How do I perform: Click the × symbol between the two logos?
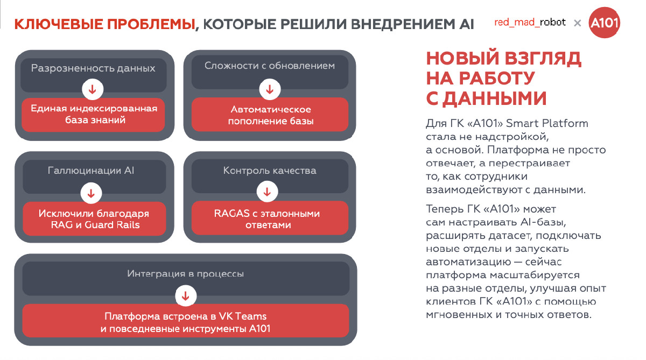[577, 23]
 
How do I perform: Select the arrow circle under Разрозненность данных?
[93, 89]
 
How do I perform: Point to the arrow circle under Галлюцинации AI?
[91, 193]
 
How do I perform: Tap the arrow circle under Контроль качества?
[267, 191]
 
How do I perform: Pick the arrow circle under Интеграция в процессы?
[186, 295]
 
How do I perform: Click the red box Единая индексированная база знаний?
[94, 114]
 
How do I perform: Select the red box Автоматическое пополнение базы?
[270, 115]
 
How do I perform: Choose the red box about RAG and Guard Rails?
[94, 219]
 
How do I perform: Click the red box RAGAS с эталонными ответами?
[267, 219]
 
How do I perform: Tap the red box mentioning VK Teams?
[185, 322]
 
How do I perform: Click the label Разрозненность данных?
[93, 68]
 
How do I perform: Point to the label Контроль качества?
[270, 171]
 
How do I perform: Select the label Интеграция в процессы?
[186, 274]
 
